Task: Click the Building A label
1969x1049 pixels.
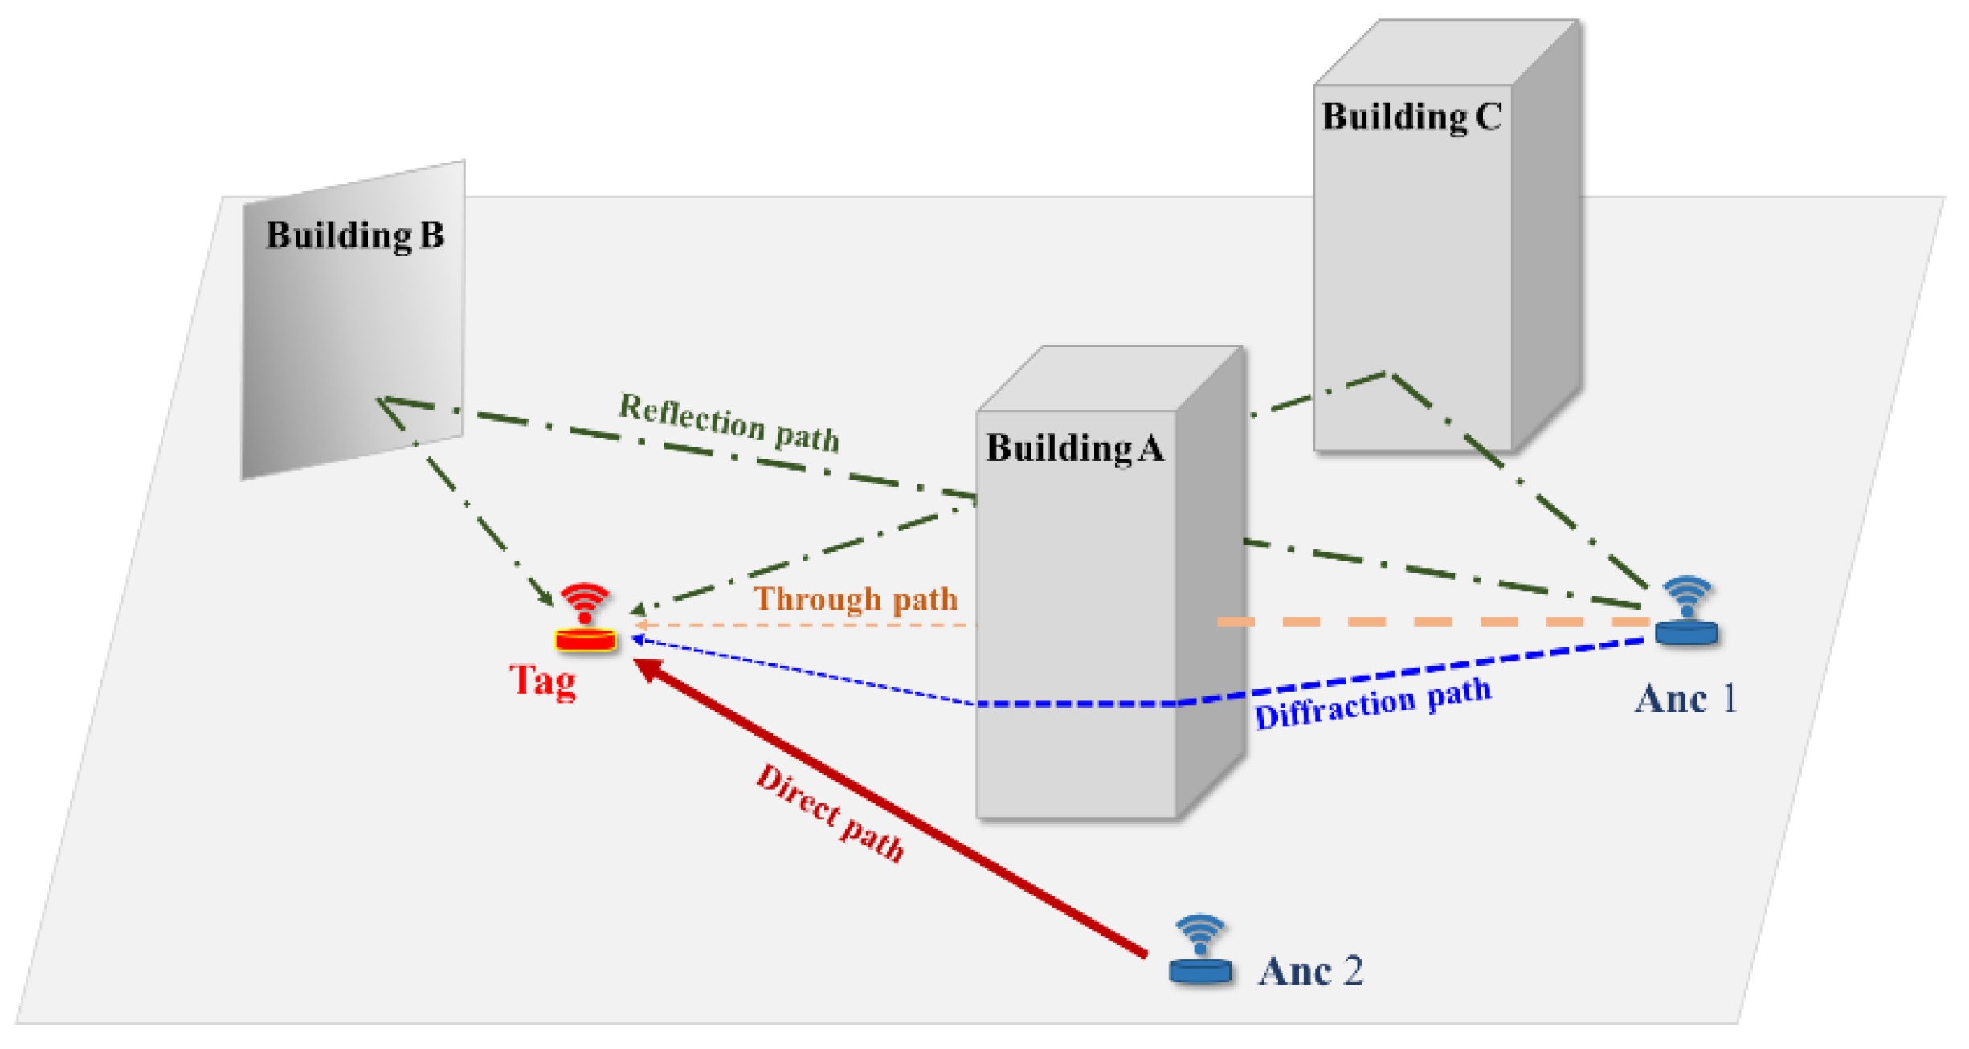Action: [1075, 448]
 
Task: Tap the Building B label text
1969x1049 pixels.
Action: [354, 235]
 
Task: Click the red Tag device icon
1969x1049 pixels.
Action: [585, 618]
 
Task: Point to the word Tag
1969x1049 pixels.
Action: [543, 681]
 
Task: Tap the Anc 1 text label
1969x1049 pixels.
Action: [1685, 699]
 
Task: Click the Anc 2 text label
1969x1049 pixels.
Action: [1310, 971]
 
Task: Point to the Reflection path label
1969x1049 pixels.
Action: [729, 422]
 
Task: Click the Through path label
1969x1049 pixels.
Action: [856, 599]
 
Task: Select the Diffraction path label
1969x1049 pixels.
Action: [1373, 704]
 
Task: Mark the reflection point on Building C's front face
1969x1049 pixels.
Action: [1388, 373]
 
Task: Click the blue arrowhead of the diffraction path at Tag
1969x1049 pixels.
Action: [637, 639]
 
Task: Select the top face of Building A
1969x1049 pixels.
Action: [1109, 378]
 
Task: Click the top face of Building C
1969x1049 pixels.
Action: [1446, 52]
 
